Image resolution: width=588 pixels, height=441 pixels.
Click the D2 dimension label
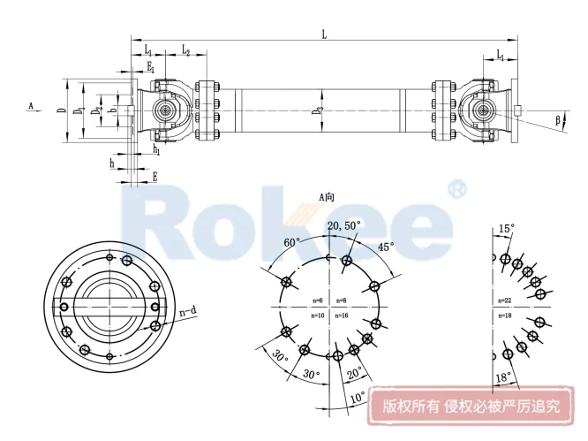(x=99, y=110)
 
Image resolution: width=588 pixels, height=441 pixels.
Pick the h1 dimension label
(x=156, y=149)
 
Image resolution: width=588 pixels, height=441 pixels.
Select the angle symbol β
(x=558, y=118)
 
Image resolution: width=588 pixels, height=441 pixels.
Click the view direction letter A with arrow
(x=31, y=105)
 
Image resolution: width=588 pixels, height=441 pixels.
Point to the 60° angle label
(x=292, y=241)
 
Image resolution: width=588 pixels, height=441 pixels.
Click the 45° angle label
(x=385, y=247)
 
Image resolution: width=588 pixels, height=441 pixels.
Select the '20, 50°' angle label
(x=344, y=227)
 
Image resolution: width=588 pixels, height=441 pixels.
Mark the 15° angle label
(x=504, y=228)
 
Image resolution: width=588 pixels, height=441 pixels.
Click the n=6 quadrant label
(x=318, y=301)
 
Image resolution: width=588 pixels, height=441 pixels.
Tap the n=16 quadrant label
(x=343, y=315)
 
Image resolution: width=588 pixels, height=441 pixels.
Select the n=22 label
(x=505, y=301)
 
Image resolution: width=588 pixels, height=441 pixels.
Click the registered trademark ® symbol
(x=456, y=189)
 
